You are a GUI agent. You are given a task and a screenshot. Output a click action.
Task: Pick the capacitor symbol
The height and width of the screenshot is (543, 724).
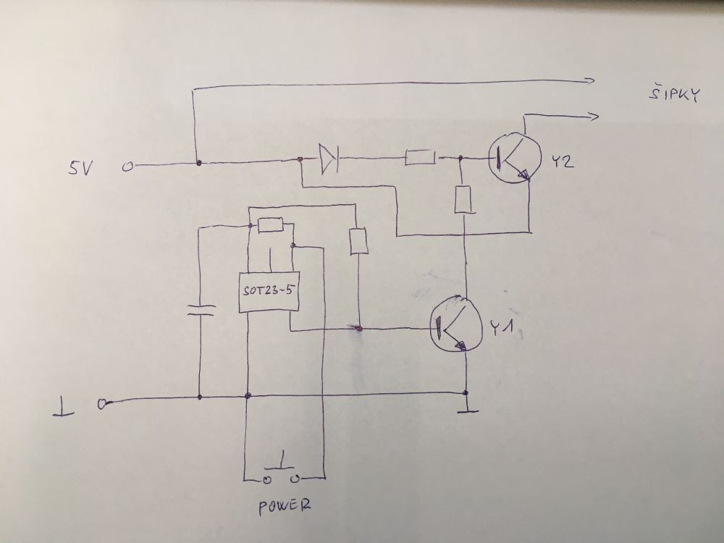[x=201, y=311]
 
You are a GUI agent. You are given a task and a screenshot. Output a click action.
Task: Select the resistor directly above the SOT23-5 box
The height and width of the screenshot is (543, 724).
[x=270, y=226]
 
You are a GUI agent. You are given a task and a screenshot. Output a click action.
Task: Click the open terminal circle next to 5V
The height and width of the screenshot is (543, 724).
[x=127, y=167]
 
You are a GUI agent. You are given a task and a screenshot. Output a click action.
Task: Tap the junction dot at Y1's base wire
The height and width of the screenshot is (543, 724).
[x=358, y=329]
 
